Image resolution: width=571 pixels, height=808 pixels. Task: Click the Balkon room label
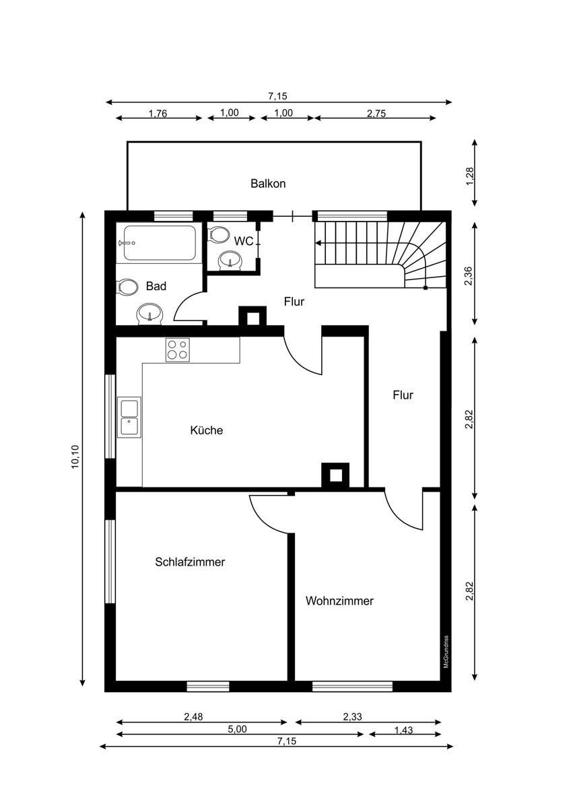click(x=268, y=184)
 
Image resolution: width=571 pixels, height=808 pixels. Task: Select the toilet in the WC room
click(x=219, y=234)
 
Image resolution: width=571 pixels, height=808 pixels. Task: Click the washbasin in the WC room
click(x=230, y=261)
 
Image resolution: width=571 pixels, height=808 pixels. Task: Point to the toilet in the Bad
click(x=128, y=288)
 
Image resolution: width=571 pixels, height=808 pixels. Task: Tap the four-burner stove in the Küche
click(x=178, y=349)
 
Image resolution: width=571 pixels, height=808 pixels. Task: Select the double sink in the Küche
click(x=129, y=417)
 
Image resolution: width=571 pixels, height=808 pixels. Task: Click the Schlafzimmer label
click(x=190, y=562)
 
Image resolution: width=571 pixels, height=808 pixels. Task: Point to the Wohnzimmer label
click(x=339, y=601)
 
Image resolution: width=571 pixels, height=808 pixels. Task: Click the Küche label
click(x=206, y=430)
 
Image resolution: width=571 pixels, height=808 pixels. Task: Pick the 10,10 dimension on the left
click(x=75, y=457)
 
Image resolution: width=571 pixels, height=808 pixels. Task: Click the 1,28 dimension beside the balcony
click(x=469, y=176)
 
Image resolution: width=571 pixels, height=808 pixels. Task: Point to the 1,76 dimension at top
click(x=158, y=113)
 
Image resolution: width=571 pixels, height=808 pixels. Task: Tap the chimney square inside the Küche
click(x=335, y=475)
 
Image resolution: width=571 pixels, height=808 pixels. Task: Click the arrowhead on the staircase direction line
click(x=318, y=243)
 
